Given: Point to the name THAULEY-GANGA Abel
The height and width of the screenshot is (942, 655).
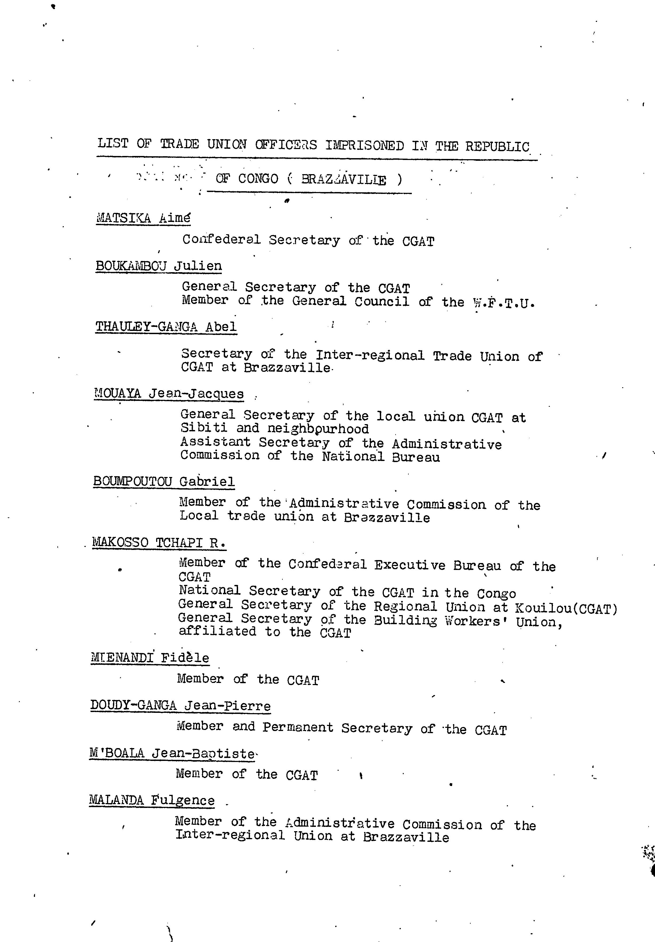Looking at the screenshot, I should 166,327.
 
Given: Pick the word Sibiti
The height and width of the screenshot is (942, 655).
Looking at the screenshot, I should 204,428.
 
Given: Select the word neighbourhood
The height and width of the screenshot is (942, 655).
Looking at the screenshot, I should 318,429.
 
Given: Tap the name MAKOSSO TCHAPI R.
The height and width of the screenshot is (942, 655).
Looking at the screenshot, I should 159,542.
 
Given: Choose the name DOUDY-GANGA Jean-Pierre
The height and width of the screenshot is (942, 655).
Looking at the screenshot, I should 180,705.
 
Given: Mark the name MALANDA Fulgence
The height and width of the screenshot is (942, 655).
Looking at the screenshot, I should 152,800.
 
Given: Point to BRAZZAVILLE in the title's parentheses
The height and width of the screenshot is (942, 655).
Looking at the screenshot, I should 344,179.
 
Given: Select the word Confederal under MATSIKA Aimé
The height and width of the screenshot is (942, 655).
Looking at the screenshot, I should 221,239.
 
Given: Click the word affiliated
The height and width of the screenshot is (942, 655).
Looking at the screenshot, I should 217,631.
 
